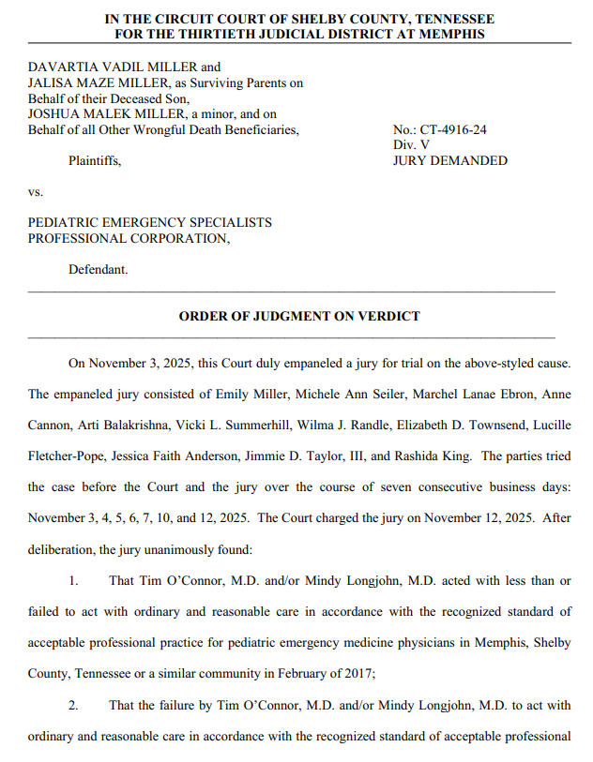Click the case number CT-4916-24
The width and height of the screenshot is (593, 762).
coord(452,130)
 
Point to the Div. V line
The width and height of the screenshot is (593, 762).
coord(412,145)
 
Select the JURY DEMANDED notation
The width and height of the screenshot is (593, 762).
coord(449,160)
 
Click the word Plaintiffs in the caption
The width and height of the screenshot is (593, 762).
coord(94,160)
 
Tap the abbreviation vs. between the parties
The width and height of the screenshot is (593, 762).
coord(36,191)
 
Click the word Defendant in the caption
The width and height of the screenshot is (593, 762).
coord(98,270)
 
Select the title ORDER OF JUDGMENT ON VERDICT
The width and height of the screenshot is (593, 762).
coord(299,317)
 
